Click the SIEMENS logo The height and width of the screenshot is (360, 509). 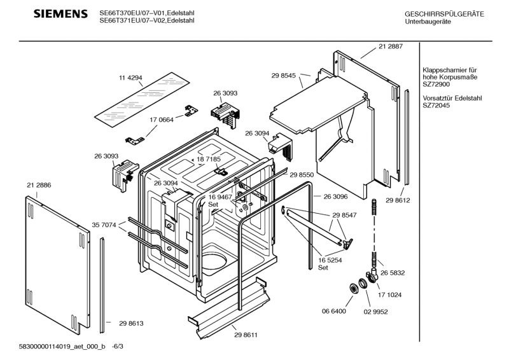pyautogui.click(x=60, y=14)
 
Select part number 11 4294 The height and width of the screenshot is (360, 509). pyautogui.click(x=130, y=78)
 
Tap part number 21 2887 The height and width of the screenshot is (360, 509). pyautogui.click(x=391, y=46)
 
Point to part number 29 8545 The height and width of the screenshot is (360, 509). pyautogui.click(x=283, y=76)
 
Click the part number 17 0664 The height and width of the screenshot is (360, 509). pyautogui.click(x=162, y=120)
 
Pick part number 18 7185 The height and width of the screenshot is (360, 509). pyautogui.click(x=209, y=159)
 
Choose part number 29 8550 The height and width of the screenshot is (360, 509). pyautogui.click(x=302, y=175)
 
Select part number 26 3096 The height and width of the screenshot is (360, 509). pyautogui.click(x=335, y=197)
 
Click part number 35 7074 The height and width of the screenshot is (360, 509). pyautogui.click(x=104, y=225)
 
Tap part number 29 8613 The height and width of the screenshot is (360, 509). pyautogui.click(x=131, y=323)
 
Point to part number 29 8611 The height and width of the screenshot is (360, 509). pyautogui.click(x=246, y=335)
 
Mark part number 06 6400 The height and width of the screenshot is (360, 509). pyautogui.click(x=333, y=311)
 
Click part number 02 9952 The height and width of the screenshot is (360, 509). pyautogui.click(x=375, y=312)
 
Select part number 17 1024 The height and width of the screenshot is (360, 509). pyautogui.click(x=389, y=295)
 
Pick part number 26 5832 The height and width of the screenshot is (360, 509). pyautogui.click(x=393, y=273)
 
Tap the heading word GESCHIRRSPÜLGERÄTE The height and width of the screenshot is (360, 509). pyautogui.click(x=444, y=14)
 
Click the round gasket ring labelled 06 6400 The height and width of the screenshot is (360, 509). pyautogui.click(x=352, y=288)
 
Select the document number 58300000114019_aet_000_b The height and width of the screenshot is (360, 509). pyautogui.click(x=62, y=347)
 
